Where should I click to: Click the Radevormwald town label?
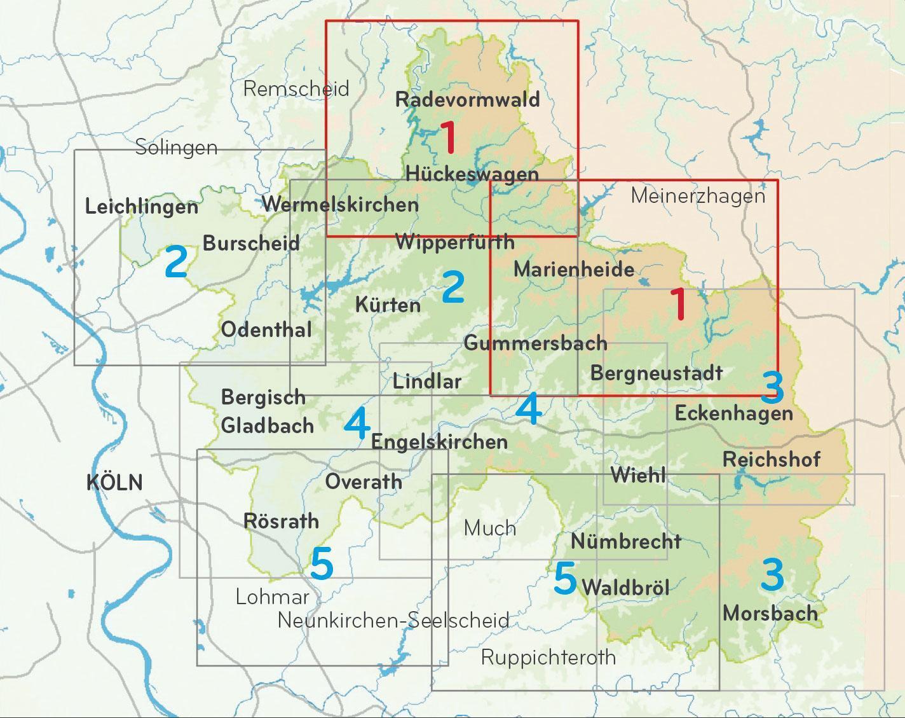click(x=467, y=99)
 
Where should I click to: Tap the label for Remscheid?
click(x=296, y=88)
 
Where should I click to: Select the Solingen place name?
click(x=176, y=148)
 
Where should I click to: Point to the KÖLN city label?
click(x=114, y=483)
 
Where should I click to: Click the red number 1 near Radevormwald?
click(x=449, y=138)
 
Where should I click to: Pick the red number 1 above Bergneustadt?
click(x=679, y=304)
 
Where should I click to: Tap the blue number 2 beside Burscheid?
click(x=176, y=262)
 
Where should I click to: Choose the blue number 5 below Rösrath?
click(x=322, y=564)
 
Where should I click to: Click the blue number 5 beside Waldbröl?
click(x=565, y=579)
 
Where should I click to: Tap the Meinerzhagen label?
click(x=698, y=196)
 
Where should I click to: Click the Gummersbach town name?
click(x=535, y=343)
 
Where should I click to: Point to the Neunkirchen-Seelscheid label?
click(x=393, y=620)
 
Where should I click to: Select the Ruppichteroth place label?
click(x=548, y=657)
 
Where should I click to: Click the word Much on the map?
click(x=489, y=528)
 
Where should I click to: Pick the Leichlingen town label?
click(x=141, y=207)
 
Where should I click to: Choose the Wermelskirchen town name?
click(x=340, y=204)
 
